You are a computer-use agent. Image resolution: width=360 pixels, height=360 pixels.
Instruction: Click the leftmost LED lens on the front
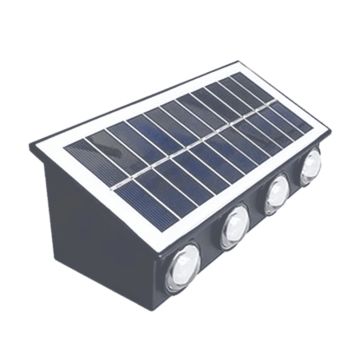point(185,268)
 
